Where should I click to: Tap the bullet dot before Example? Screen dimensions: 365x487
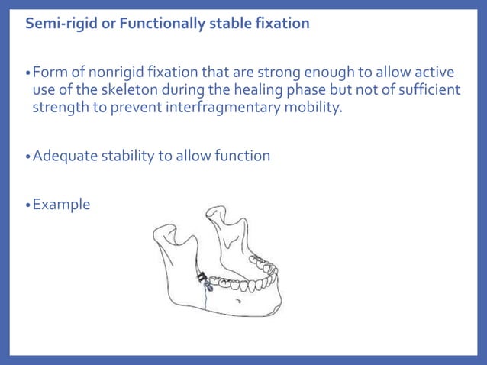(28, 205)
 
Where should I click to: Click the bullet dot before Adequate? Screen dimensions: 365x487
(28, 157)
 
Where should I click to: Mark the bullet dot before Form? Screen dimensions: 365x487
(28, 73)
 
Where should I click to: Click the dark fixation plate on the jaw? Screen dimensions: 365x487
(203, 280)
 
